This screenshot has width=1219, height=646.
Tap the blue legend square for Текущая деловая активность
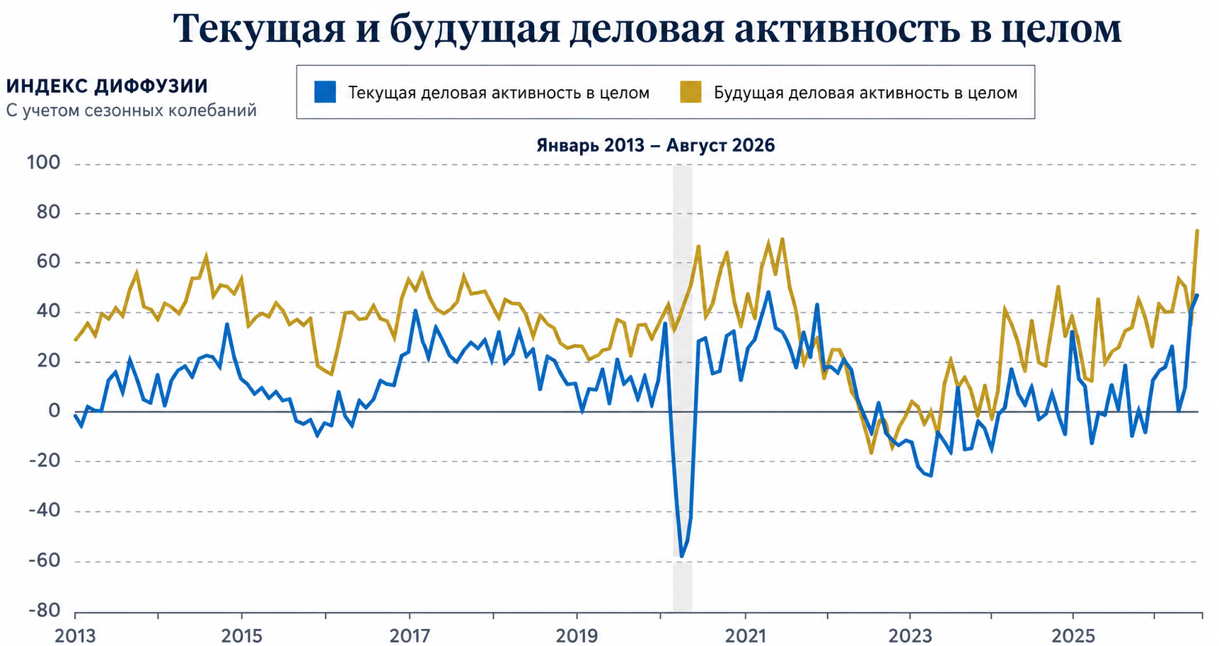(x=325, y=92)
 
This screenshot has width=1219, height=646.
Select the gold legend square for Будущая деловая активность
(x=691, y=92)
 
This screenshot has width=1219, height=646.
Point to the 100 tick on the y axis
(x=43, y=163)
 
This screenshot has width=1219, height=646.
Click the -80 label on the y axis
(x=43, y=611)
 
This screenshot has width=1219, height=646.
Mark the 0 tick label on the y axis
(x=54, y=412)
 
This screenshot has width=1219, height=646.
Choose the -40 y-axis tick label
(x=43, y=511)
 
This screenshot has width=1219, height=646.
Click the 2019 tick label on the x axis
(x=577, y=635)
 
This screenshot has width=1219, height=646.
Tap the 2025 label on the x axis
(x=1073, y=635)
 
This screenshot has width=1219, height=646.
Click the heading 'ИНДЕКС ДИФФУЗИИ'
(x=107, y=86)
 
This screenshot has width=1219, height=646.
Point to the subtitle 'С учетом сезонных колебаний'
(x=132, y=111)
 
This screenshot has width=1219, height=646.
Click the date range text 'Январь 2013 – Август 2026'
(x=656, y=146)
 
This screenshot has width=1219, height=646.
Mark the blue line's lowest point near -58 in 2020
(x=681, y=556)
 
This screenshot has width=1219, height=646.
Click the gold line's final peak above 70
(x=1197, y=231)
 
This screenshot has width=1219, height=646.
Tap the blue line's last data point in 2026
(x=1197, y=295)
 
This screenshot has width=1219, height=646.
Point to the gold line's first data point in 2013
(x=75, y=340)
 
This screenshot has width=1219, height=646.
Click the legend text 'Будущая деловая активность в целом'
(x=866, y=93)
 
